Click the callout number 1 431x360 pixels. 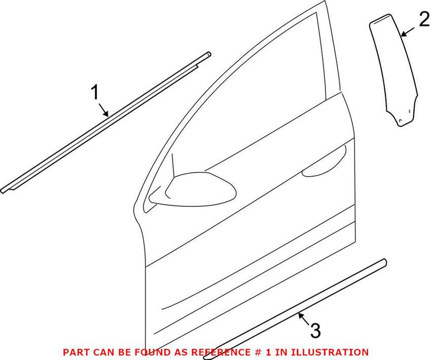(95, 93)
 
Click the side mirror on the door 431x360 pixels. (199, 189)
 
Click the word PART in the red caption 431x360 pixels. (74, 351)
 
